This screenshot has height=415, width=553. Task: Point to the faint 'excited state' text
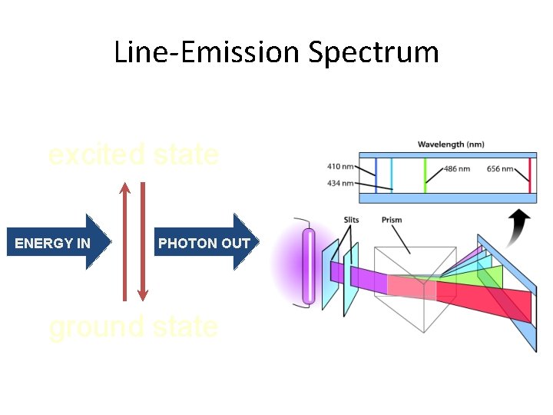(x=133, y=155)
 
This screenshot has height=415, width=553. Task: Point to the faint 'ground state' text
(x=133, y=327)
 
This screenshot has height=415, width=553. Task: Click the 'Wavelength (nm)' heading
(x=451, y=144)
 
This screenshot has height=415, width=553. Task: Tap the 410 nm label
(x=340, y=165)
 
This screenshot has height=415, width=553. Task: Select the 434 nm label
(x=340, y=182)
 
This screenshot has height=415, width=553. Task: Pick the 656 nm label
(x=500, y=169)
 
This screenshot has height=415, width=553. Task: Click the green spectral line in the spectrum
(x=425, y=175)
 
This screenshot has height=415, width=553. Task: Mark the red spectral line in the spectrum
(x=529, y=175)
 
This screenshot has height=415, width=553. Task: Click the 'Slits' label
(x=351, y=220)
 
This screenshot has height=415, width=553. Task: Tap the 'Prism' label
(x=392, y=220)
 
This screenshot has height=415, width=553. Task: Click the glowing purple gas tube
(x=309, y=265)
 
